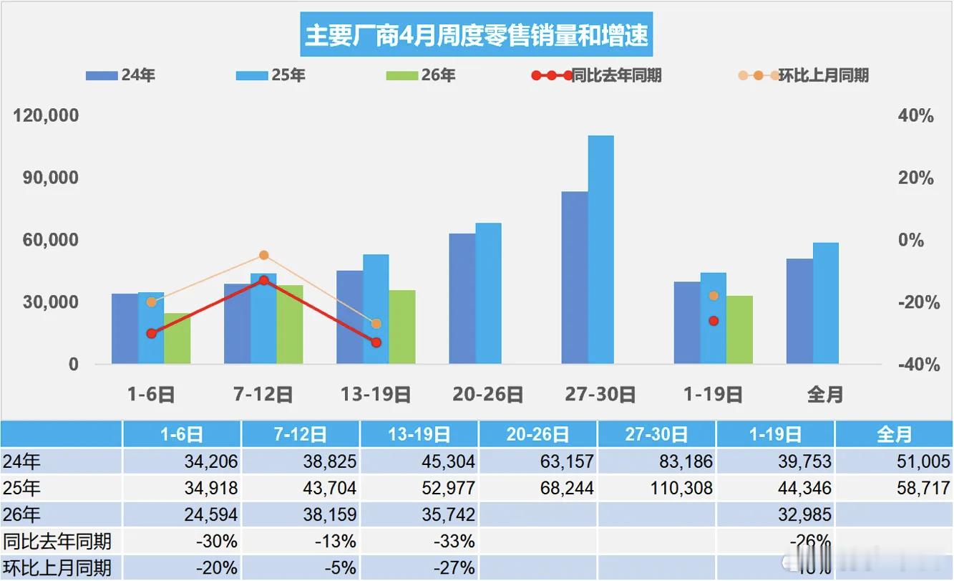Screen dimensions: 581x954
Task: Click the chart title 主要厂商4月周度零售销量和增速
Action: pyautogui.click(x=477, y=35)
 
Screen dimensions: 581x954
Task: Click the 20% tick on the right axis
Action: pyautogui.click(x=916, y=178)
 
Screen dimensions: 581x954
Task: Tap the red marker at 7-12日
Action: pyautogui.click(x=263, y=280)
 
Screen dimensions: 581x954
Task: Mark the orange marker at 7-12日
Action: pyautogui.click(x=263, y=255)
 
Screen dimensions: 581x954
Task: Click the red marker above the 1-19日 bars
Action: pyautogui.click(x=714, y=321)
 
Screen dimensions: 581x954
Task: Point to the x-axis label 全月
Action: pyautogui.click(x=824, y=394)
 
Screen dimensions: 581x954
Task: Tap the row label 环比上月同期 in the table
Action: pyautogui.click(x=57, y=568)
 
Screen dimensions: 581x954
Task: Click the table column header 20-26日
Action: pyautogui.click(x=537, y=434)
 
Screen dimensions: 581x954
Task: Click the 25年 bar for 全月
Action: pyautogui.click(x=825, y=303)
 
